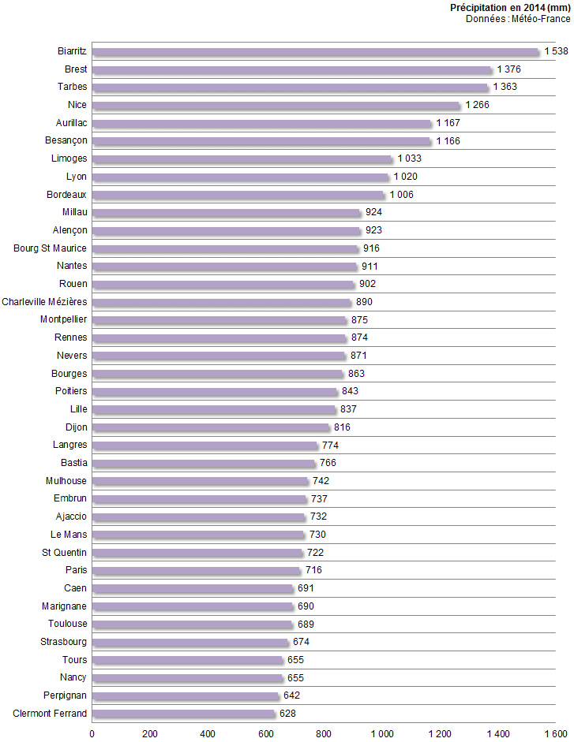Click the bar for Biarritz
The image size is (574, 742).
point(316,52)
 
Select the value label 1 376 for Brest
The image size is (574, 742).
point(508,69)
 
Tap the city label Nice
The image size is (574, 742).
point(77,105)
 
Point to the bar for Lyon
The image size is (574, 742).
point(241,177)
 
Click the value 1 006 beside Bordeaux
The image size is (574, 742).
point(401,195)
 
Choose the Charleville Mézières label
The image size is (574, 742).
point(45,302)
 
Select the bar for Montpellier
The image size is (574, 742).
point(219,320)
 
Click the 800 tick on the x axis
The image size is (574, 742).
point(324,734)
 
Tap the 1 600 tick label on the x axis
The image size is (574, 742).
point(555,734)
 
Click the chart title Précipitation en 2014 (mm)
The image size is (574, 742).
point(509,7)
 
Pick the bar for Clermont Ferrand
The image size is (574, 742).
point(184,714)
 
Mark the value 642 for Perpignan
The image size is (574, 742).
point(291,695)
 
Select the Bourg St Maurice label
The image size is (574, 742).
point(51,248)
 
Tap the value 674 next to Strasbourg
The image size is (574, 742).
point(302,642)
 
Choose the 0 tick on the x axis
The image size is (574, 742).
point(92,734)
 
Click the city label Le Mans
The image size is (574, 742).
point(69,535)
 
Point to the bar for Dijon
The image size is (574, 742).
point(211,427)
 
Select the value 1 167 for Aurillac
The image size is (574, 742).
point(448,123)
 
